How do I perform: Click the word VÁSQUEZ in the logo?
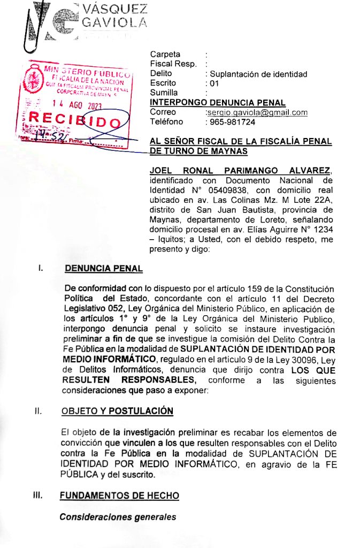point(115,9)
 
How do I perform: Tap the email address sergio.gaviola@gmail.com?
point(257,112)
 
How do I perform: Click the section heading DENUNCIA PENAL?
point(103,269)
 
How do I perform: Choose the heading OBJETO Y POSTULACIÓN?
point(117,411)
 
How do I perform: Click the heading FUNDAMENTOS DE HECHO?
point(119,496)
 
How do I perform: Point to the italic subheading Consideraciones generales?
point(118,517)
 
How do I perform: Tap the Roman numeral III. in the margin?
point(37,496)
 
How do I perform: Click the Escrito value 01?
point(215,83)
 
